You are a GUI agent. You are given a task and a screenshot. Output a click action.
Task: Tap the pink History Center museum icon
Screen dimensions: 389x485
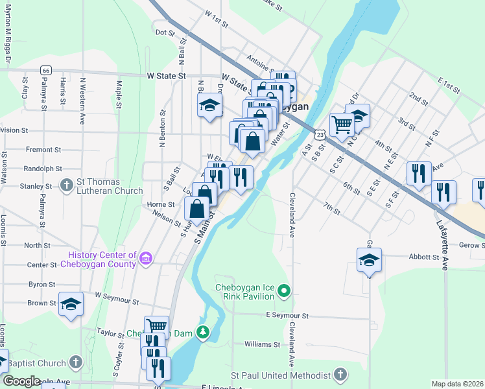(x=146, y=259)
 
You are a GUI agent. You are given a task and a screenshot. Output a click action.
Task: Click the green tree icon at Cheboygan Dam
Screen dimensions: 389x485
(x=204, y=333)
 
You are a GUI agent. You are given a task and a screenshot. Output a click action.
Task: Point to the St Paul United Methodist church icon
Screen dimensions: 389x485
(x=340, y=375)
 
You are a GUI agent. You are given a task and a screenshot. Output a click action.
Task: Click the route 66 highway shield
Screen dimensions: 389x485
(x=45, y=70)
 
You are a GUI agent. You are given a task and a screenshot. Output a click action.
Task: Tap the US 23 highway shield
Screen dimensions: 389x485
(x=320, y=134)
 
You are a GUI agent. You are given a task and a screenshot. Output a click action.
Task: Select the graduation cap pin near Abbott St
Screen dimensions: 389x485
(x=369, y=261)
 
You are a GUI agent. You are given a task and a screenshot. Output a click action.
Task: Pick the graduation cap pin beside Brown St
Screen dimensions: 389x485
(x=71, y=304)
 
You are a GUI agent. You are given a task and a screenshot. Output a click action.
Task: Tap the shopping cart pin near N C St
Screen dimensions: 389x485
(x=341, y=123)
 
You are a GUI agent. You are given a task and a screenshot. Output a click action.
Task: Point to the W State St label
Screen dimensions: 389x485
(x=167, y=75)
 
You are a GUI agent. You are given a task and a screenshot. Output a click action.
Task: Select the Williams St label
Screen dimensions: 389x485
(x=263, y=344)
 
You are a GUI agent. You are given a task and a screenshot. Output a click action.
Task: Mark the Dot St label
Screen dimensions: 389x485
(x=166, y=32)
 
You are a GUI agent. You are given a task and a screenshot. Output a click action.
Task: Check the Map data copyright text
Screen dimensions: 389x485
(x=457, y=384)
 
